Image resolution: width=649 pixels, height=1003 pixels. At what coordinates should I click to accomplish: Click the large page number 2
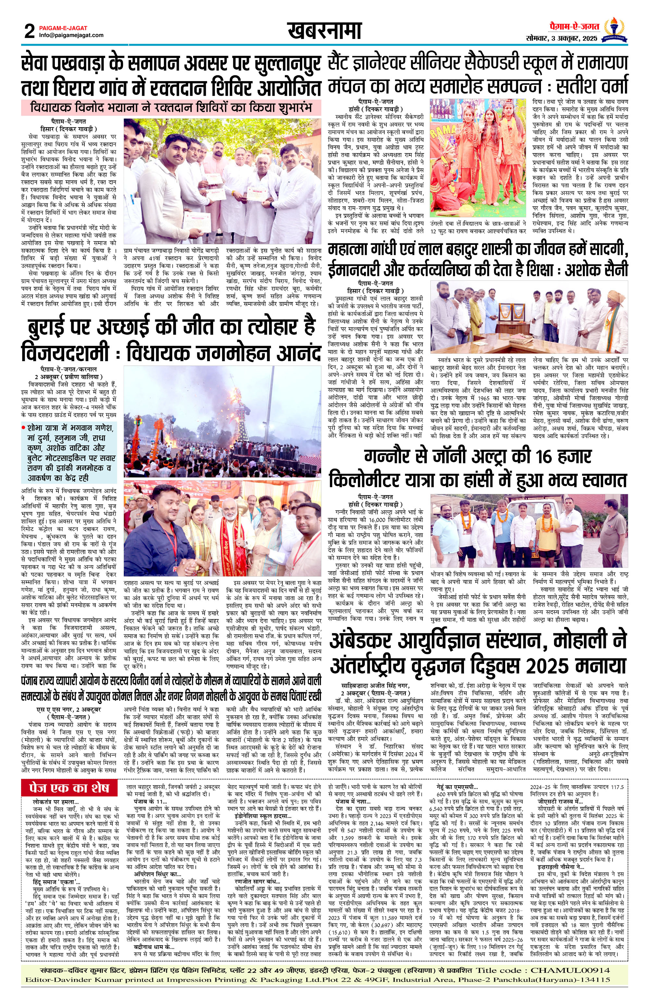click(30, 31)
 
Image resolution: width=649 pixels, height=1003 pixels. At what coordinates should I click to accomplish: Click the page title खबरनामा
click(324, 31)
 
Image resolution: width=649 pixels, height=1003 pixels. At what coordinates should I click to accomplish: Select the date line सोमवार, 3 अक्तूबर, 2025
click(562, 39)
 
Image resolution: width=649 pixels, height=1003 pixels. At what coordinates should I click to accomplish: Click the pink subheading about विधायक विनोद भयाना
click(171, 107)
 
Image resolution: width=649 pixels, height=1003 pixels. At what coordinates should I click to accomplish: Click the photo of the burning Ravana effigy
click(222, 422)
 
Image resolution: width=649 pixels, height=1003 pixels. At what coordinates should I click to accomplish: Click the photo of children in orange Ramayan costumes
click(478, 158)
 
